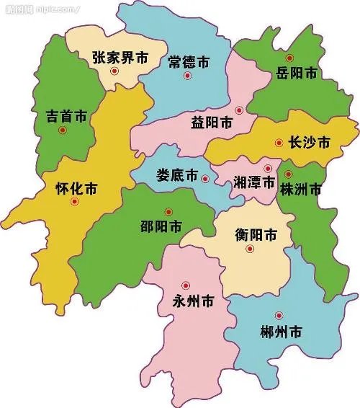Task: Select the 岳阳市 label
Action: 297,73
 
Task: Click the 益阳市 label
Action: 212,123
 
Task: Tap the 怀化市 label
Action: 76,190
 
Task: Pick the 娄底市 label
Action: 176,176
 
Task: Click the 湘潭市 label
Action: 254,183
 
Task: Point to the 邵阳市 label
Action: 161,225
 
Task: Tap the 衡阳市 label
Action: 256,235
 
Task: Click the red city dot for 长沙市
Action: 279,143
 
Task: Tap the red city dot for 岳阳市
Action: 289,58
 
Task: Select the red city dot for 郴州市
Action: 279,316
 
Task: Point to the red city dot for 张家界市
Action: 113,71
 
